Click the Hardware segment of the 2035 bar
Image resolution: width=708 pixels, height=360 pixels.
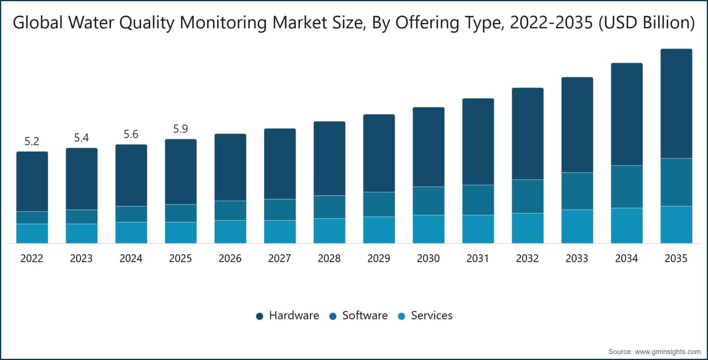pos(676,104)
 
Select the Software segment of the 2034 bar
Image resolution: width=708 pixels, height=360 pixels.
pos(627,187)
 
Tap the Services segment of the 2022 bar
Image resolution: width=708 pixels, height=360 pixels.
pos(32,234)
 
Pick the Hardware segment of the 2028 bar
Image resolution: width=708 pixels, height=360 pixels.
pos(329,159)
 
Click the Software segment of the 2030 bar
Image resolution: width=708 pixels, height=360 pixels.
pos(428,201)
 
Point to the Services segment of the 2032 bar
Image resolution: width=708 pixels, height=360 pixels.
pos(528,228)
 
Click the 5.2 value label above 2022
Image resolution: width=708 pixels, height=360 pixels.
pos(32,142)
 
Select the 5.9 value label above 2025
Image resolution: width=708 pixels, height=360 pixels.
pos(181,129)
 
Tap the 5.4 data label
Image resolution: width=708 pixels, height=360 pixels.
pos(81,138)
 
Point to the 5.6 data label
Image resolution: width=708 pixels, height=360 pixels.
pos(131,135)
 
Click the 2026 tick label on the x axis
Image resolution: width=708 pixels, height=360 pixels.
pos(230,258)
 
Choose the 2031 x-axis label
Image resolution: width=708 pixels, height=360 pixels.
pos(477,258)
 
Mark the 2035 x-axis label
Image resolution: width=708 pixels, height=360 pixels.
pos(676,258)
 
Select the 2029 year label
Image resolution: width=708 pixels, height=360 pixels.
pos(379,258)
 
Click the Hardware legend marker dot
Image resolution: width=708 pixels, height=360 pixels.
pos(260,316)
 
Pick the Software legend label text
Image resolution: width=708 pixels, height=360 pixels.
pos(365,315)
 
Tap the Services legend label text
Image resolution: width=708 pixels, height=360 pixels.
pos(432,315)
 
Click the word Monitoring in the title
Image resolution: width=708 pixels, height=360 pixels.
pos(224,24)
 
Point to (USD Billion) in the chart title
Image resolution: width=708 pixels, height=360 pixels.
pos(647,23)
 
